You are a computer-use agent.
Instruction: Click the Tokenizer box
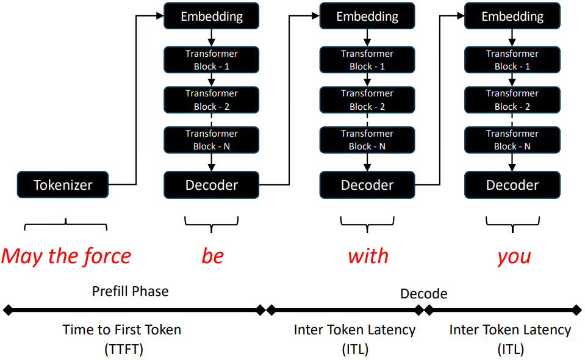click(x=63, y=185)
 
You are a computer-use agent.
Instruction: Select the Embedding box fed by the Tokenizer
click(x=212, y=16)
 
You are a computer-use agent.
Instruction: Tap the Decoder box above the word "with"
click(x=367, y=185)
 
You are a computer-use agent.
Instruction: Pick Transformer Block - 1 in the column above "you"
click(x=512, y=60)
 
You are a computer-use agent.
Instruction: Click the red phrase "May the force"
click(x=66, y=257)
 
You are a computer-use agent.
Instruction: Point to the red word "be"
click(x=213, y=256)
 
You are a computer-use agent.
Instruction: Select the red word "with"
click(x=368, y=256)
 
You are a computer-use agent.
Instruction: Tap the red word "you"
click(x=514, y=257)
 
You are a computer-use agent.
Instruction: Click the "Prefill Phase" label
click(x=130, y=291)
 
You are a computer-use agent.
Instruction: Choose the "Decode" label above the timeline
click(x=424, y=293)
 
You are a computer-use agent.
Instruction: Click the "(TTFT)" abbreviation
click(x=123, y=350)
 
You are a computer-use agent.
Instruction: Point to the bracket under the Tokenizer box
click(x=66, y=224)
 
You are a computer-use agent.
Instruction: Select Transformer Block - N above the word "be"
click(x=212, y=140)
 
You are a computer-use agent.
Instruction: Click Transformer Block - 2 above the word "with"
click(x=367, y=99)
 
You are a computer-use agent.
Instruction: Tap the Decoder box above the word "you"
click(x=512, y=185)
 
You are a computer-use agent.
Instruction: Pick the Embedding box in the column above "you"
click(x=512, y=16)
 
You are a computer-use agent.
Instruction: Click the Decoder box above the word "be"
click(x=212, y=185)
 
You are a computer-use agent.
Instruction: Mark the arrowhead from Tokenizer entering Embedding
click(x=160, y=16)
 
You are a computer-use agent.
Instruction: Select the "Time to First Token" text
click(x=121, y=329)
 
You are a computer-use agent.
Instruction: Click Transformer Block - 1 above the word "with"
click(x=367, y=60)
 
